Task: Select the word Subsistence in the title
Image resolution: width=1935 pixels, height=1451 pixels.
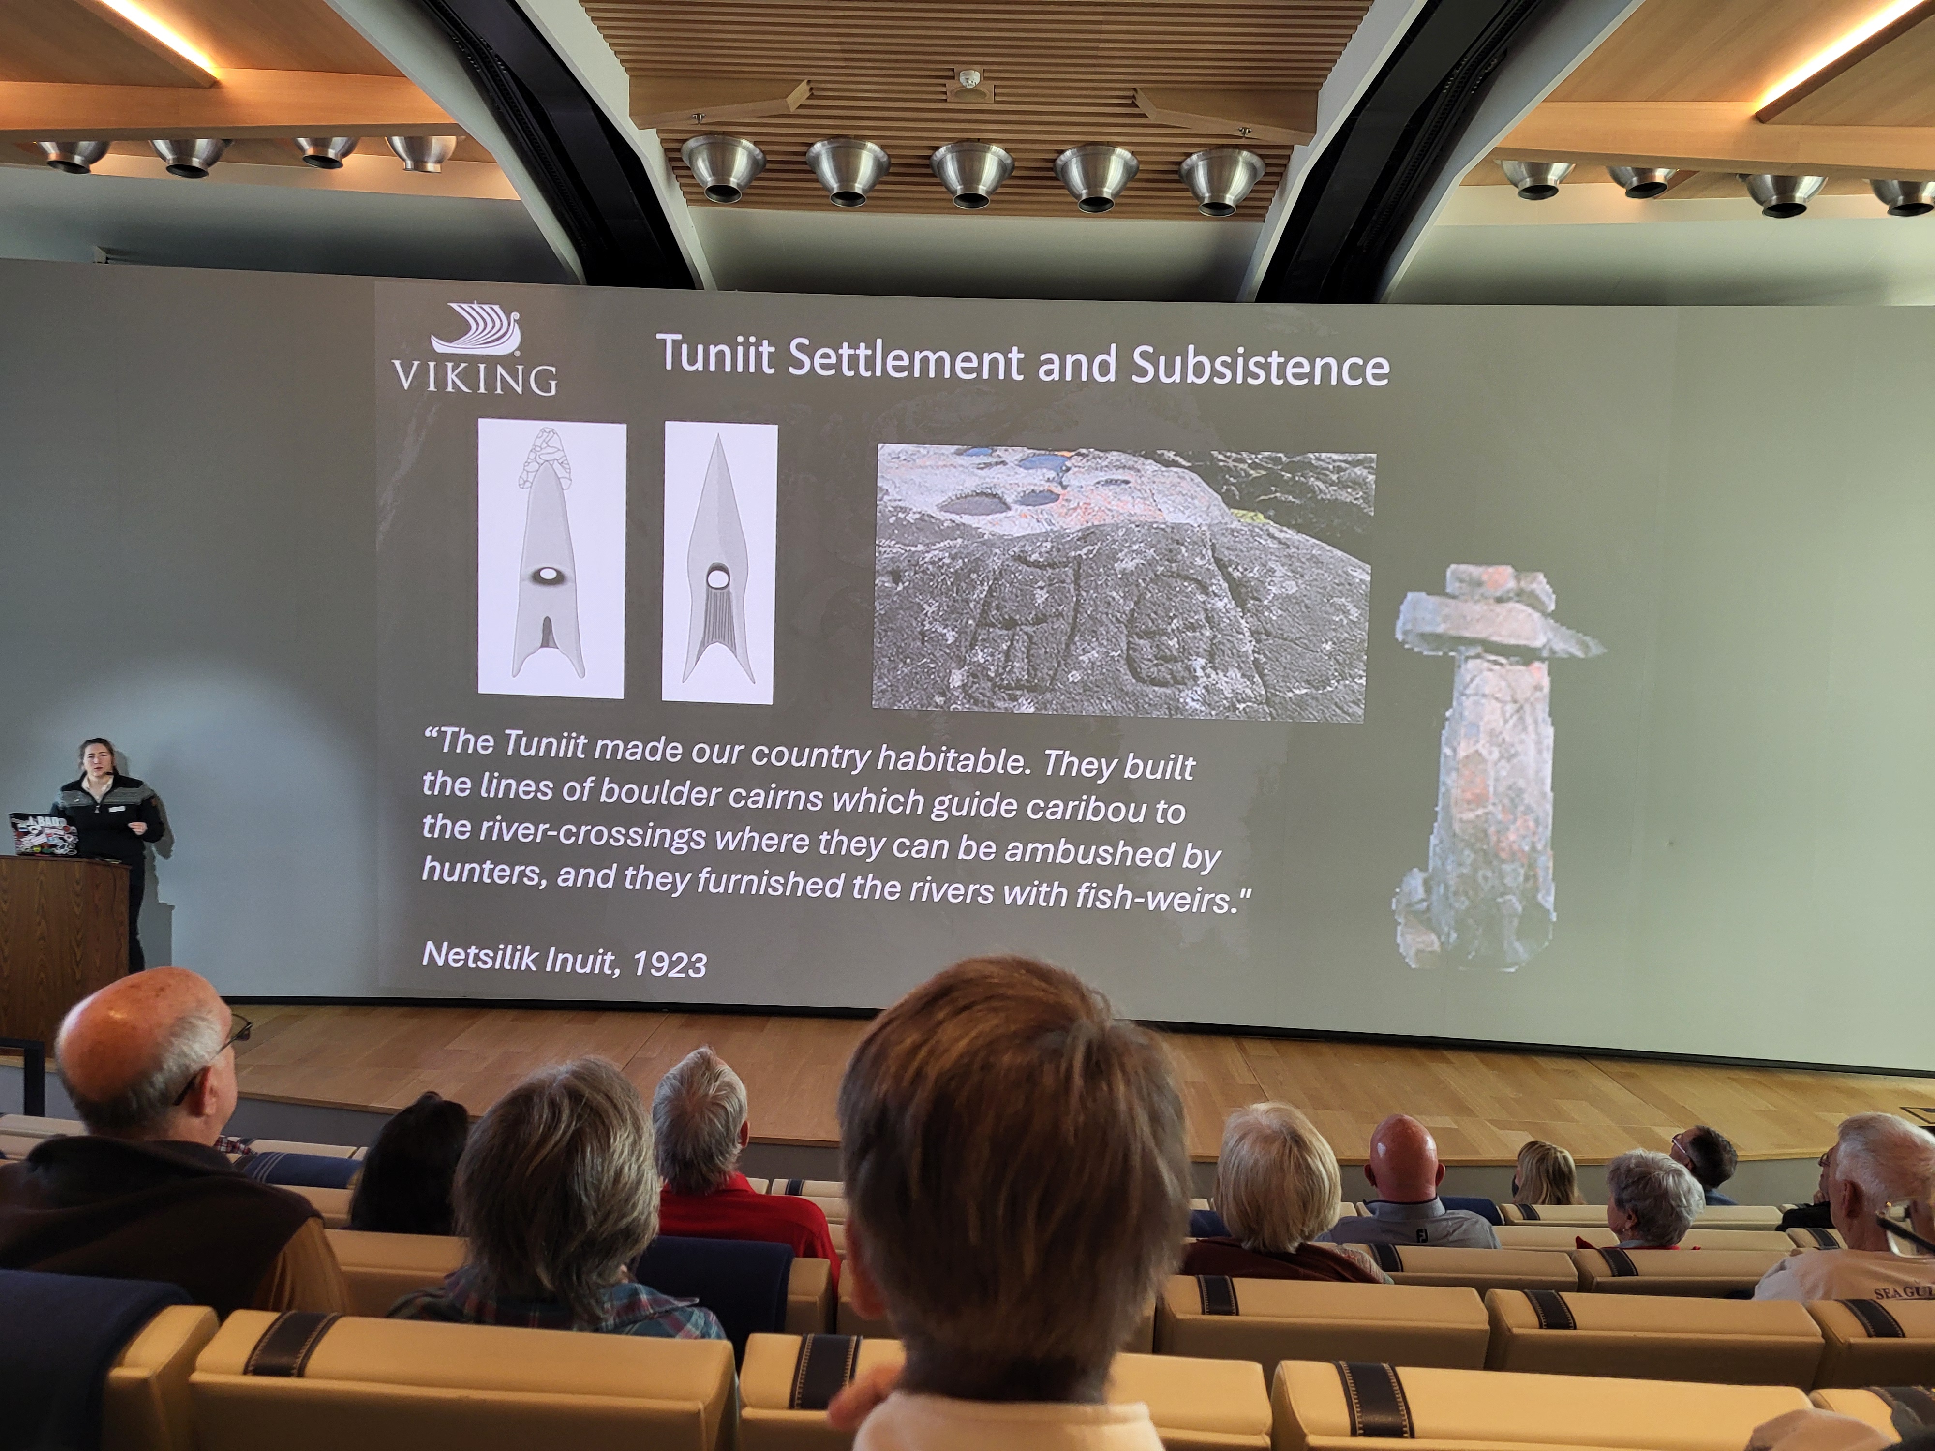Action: point(1260,366)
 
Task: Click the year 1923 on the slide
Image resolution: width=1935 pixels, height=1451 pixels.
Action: point(669,963)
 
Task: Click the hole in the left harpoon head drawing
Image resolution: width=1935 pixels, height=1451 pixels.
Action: point(550,575)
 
